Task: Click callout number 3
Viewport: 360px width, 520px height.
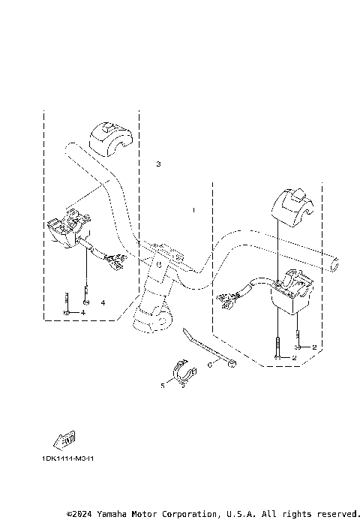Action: click(158, 164)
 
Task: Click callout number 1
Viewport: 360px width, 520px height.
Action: click(193, 211)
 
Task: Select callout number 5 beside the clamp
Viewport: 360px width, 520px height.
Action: click(161, 386)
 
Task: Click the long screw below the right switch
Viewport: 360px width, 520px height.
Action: click(278, 346)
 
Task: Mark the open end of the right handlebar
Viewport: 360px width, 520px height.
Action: click(334, 264)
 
